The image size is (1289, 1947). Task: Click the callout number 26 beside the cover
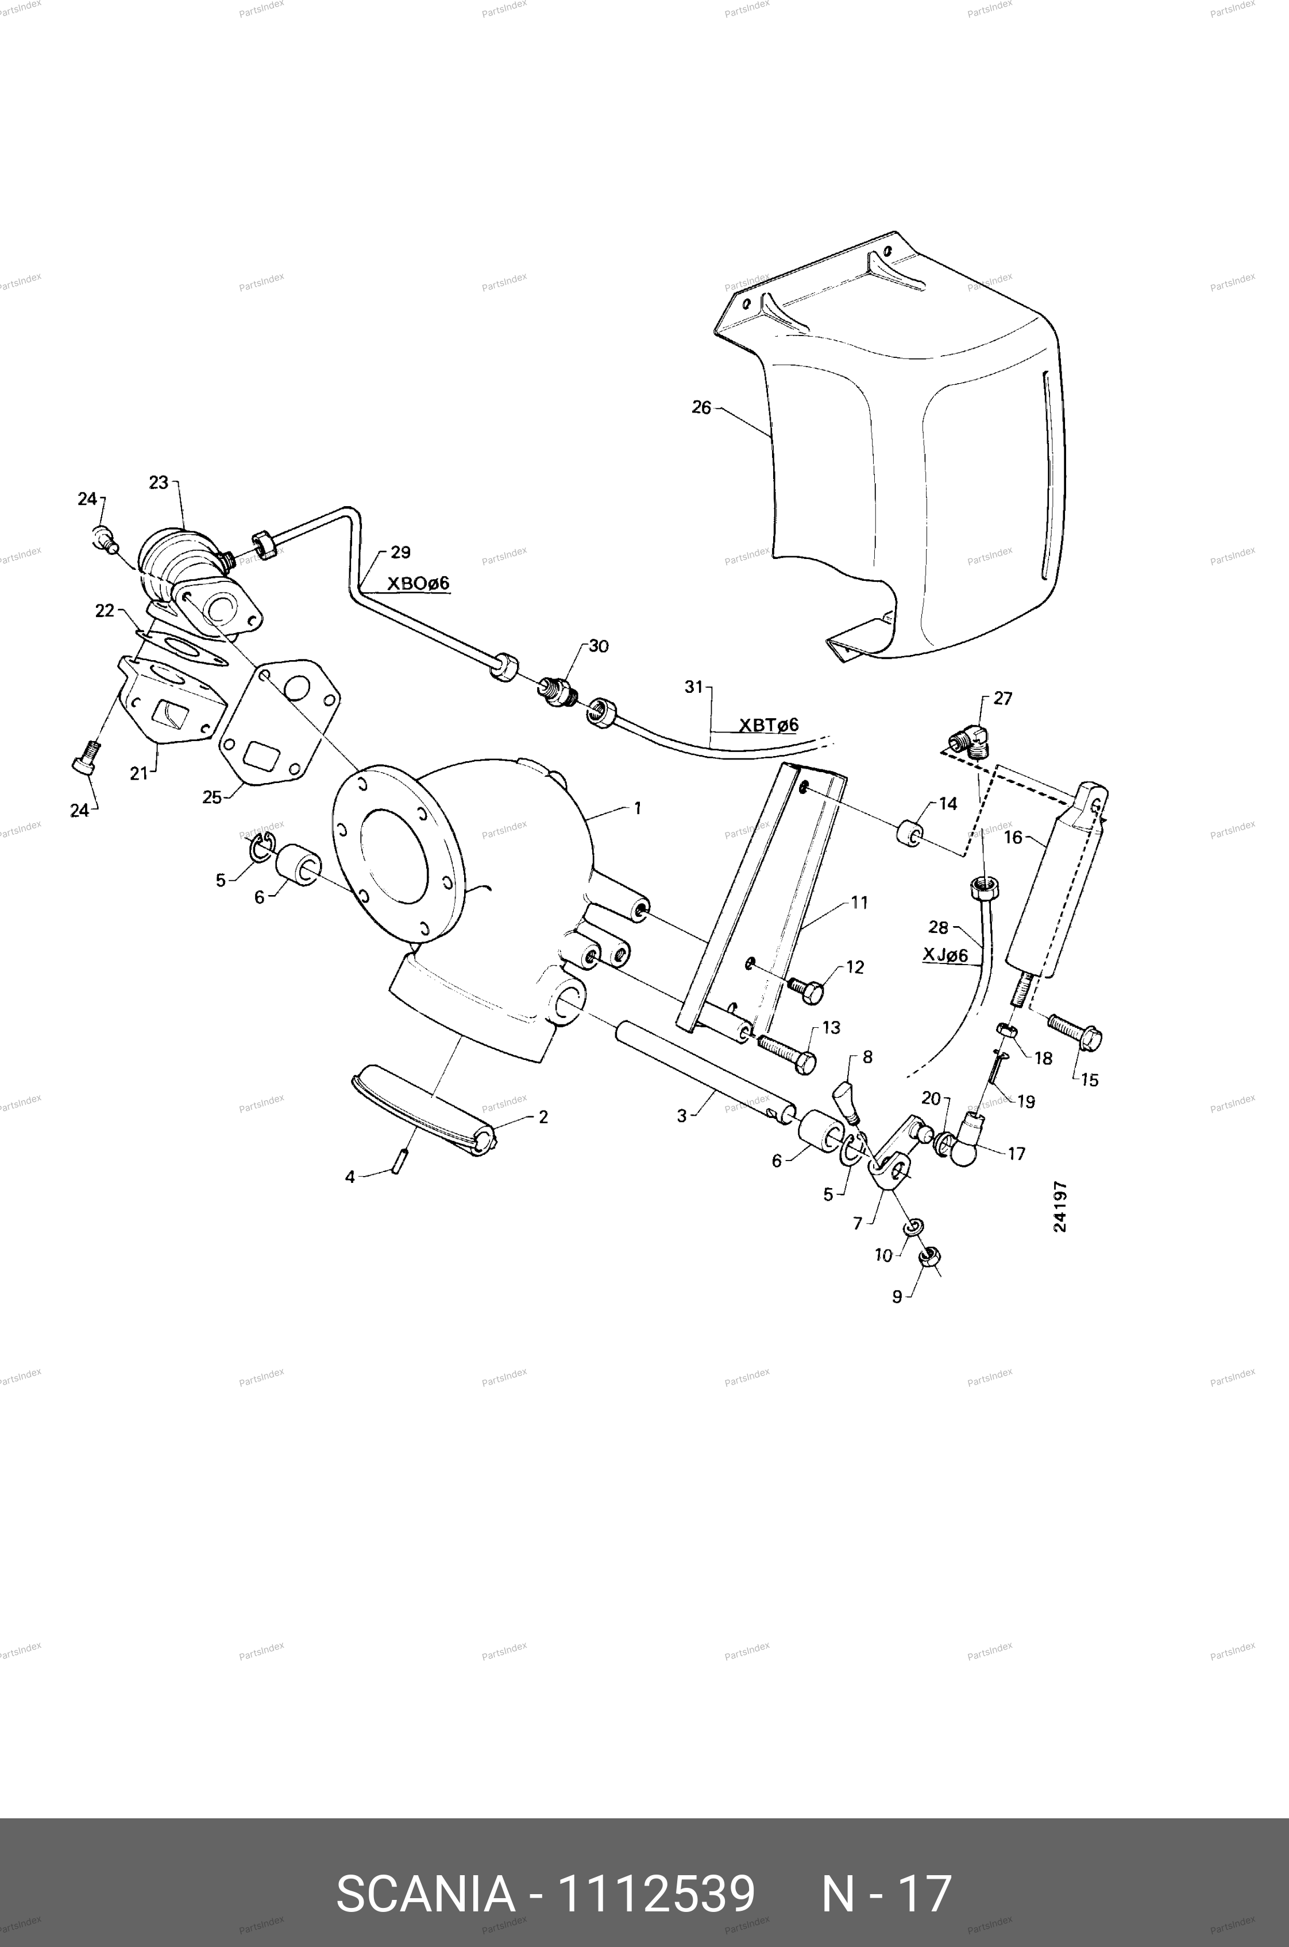coord(700,407)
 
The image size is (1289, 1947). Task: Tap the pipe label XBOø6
coord(418,583)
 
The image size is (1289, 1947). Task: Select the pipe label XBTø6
coord(769,724)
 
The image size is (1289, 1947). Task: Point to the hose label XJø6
coord(945,955)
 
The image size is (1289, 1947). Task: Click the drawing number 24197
coord(1060,1206)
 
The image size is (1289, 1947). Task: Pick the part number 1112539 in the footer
coord(656,1871)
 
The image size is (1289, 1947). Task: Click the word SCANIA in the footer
coord(425,1871)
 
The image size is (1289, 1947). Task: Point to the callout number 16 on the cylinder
coord(1013,837)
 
